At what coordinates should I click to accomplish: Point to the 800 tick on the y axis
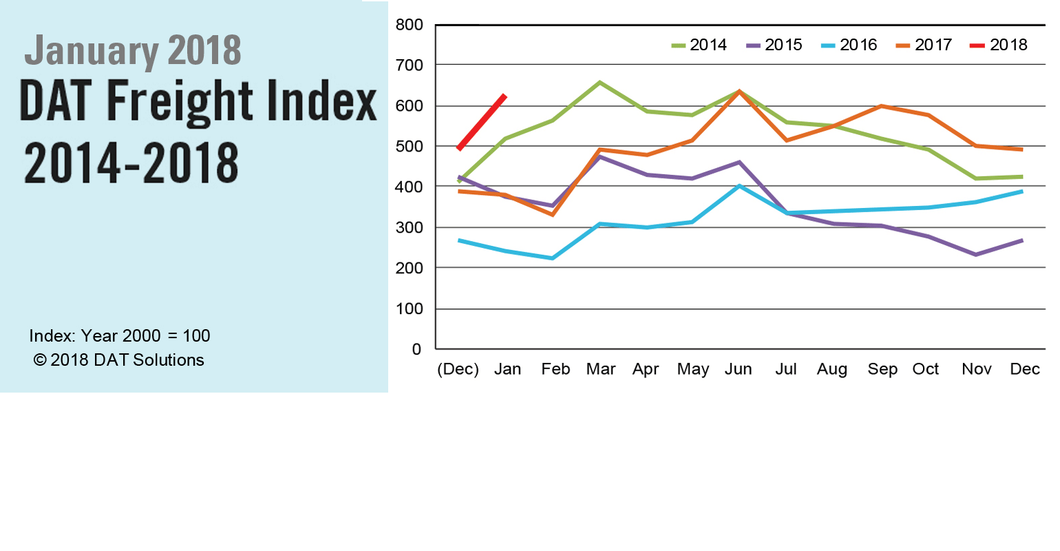[409, 25]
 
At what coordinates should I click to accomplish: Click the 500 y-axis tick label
[409, 147]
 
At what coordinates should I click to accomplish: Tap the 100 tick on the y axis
[409, 309]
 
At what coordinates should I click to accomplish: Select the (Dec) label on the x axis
[458, 369]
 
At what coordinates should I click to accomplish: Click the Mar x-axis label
[601, 369]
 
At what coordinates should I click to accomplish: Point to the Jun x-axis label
[738, 369]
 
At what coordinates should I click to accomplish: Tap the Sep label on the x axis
[882, 369]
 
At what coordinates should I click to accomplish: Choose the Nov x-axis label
[976, 369]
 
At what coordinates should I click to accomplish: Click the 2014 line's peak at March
[600, 83]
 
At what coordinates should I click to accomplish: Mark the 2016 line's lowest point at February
[552, 258]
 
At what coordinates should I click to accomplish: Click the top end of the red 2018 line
[505, 96]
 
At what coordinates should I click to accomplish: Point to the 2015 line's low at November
[976, 255]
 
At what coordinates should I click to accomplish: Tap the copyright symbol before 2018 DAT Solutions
[39, 360]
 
